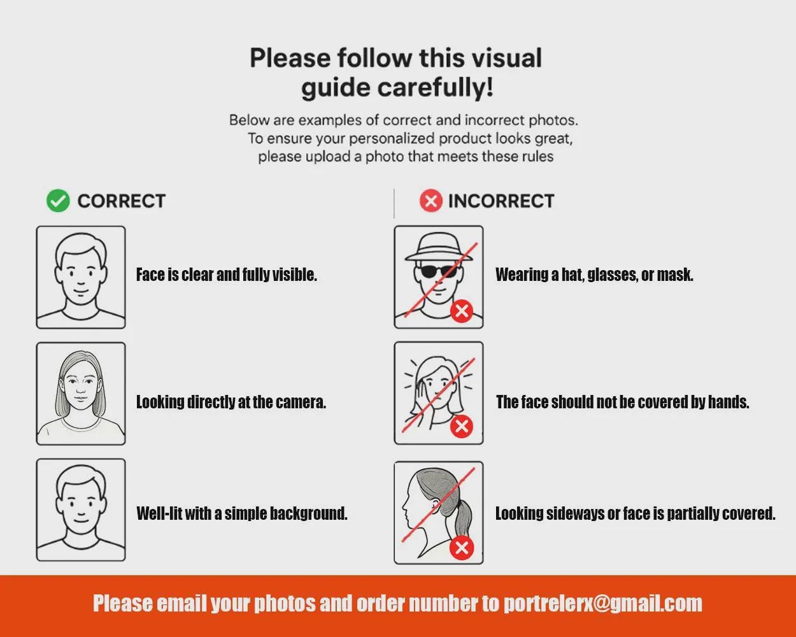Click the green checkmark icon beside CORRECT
[x=58, y=201]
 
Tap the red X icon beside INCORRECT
[x=431, y=201]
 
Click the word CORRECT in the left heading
[x=122, y=201]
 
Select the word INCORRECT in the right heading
[x=501, y=201]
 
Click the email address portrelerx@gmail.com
[x=603, y=604]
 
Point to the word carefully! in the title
[x=435, y=88]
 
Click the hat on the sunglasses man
[x=439, y=247]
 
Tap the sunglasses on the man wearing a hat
[x=439, y=271]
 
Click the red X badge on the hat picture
[x=462, y=311]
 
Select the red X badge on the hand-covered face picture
[x=462, y=426]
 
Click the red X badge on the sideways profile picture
[x=462, y=548]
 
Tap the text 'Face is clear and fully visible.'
[x=226, y=275]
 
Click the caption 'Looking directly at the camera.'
[x=231, y=403]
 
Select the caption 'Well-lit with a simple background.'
[x=242, y=513]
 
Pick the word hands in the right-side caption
[x=728, y=403]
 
